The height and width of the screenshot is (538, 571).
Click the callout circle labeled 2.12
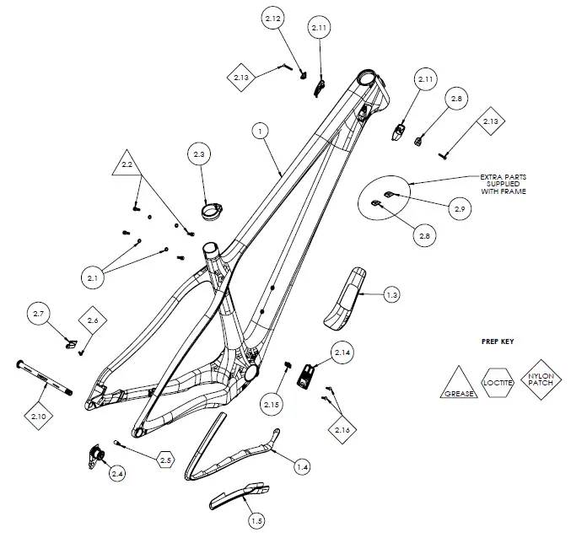(273, 18)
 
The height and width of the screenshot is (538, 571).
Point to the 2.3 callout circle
(200, 155)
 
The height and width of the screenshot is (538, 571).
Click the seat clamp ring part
(210, 210)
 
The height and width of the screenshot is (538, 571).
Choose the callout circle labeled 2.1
(93, 276)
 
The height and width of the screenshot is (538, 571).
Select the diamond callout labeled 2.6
(93, 320)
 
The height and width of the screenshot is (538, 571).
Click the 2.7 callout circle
(38, 314)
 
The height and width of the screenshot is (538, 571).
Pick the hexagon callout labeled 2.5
(165, 460)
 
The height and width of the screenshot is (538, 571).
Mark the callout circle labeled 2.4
(116, 474)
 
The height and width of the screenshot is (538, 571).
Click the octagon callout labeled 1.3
(391, 295)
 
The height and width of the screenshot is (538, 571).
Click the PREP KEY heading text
(498, 342)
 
